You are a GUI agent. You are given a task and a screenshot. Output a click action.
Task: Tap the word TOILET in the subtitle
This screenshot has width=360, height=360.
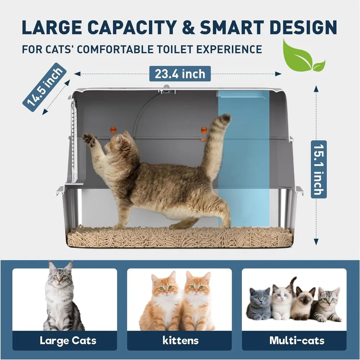point(182,49)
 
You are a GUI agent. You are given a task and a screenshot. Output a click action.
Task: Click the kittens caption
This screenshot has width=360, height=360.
point(180,340)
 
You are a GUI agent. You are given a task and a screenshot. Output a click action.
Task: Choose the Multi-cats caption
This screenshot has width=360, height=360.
point(297,340)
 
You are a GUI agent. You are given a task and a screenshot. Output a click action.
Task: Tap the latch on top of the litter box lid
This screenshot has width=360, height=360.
point(166,89)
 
